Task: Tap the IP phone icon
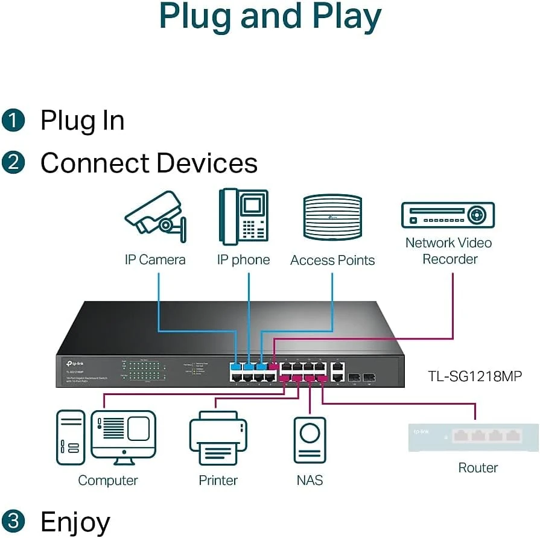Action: tap(243, 217)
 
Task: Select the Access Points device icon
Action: tap(332, 218)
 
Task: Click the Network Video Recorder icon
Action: tap(448, 215)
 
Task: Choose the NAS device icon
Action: tap(310, 440)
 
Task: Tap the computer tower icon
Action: tap(70, 437)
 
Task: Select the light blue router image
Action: tap(473, 437)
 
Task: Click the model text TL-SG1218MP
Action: tap(475, 376)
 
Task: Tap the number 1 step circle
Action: tap(13, 120)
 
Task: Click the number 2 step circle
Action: tap(13, 163)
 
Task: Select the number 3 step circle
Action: tap(13, 521)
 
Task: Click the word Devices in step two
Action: tap(206, 163)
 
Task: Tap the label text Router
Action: tap(478, 467)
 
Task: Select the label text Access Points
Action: tap(332, 261)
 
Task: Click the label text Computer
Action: tap(108, 481)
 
